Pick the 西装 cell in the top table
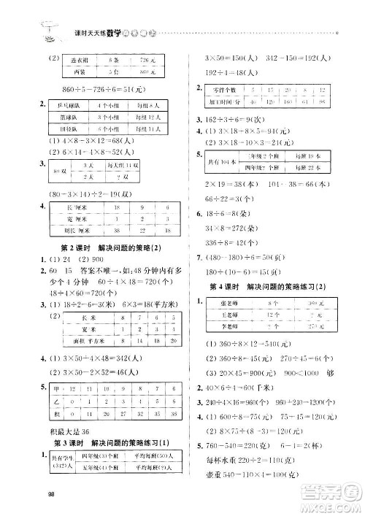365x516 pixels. (77, 73)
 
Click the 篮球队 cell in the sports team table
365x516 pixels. (71, 115)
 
